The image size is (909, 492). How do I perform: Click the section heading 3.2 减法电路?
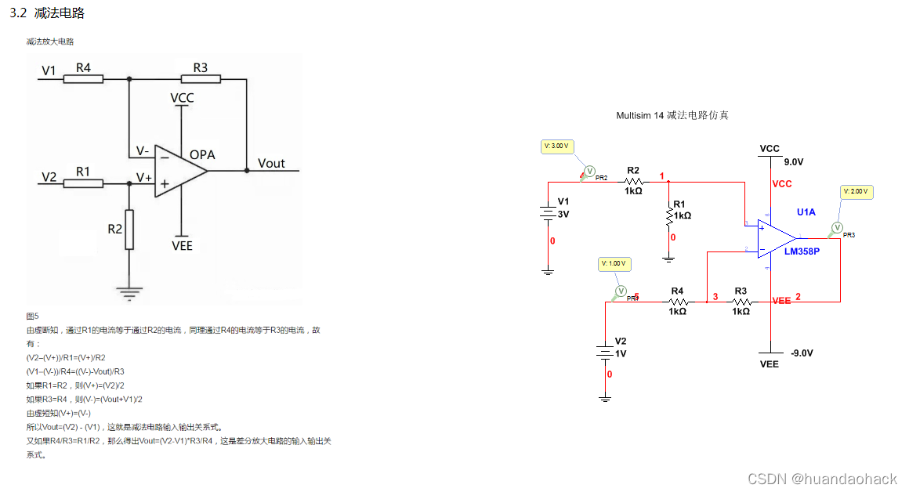pos(46,13)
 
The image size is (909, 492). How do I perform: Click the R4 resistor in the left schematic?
pos(83,79)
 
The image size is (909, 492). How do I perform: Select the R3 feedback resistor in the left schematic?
pos(201,79)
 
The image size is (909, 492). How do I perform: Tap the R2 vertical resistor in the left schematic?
pos(129,229)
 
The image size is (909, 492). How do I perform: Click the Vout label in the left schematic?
pos(272,164)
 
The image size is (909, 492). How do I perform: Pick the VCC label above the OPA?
pos(182,99)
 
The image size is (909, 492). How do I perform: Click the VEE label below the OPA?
pos(182,246)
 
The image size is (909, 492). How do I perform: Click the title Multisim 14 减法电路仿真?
pos(672,115)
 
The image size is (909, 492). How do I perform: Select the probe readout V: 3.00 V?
pos(557,147)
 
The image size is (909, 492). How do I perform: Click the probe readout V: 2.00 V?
pos(856,191)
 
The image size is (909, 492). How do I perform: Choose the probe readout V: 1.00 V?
pos(613,264)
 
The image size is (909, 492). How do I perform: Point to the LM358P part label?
pos(802,251)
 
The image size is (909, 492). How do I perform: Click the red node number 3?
pos(715,297)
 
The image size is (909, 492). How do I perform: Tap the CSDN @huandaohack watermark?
pos(822,479)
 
